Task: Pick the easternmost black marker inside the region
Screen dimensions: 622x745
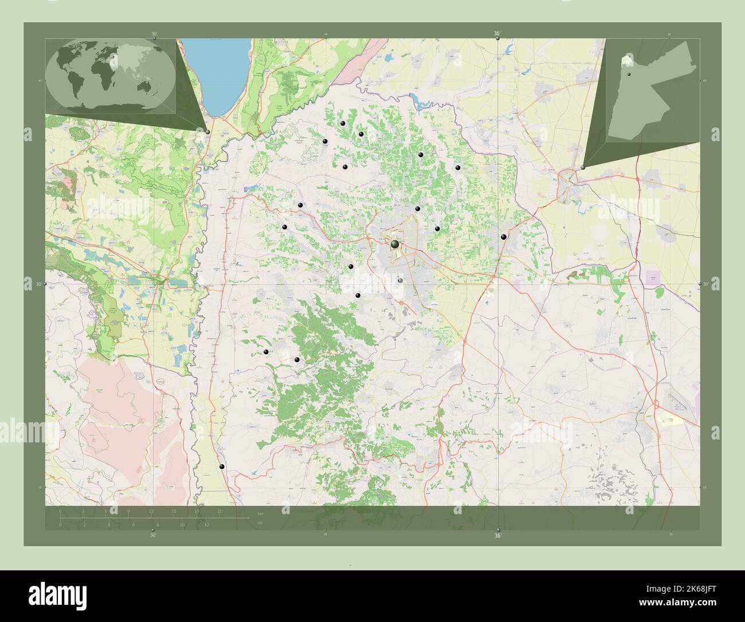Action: (503, 236)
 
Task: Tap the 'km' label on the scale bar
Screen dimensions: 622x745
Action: (260, 513)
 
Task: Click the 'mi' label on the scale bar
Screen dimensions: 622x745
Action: (260, 523)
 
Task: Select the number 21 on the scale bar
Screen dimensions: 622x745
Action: (219, 511)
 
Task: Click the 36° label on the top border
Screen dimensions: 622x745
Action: (497, 34)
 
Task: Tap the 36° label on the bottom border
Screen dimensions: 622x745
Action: (497, 535)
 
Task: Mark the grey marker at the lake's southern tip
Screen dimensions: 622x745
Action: (207, 132)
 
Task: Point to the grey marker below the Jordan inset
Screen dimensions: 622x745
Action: (583, 167)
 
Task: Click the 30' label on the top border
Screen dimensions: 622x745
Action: (154, 34)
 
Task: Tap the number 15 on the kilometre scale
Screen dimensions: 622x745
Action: (174, 511)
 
